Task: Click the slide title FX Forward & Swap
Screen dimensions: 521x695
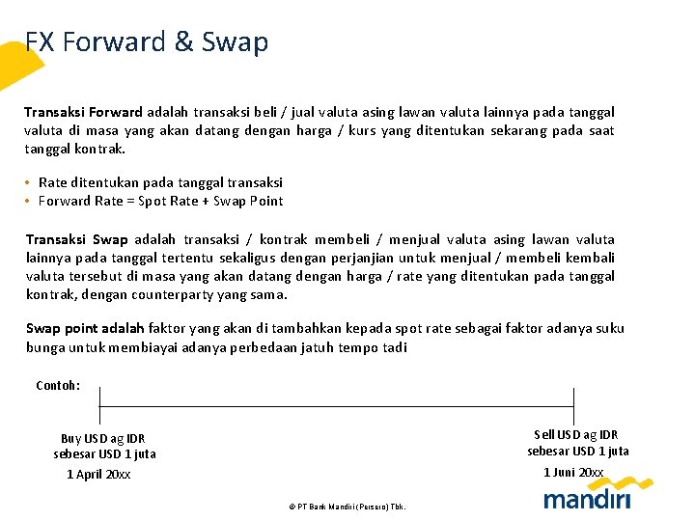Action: click(147, 42)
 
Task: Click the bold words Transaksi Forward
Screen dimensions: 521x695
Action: click(83, 113)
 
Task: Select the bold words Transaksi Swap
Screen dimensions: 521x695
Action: click(77, 239)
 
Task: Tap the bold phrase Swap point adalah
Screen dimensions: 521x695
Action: click(85, 328)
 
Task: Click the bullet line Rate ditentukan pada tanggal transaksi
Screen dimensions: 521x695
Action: click(160, 182)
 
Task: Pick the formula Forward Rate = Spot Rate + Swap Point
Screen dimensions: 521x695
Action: click(160, 201)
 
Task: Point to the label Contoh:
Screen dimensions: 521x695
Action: click(58, 386)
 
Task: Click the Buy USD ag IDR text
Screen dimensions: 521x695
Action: click(103, 438)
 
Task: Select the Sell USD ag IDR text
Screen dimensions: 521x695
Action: click(576, 435)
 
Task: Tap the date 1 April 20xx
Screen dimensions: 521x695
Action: click(98, 474)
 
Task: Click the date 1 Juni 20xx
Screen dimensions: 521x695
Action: click(573, 472)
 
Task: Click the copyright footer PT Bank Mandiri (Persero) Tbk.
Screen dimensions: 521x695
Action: click(347, 506)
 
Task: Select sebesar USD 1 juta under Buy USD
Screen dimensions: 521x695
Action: click(104, 453)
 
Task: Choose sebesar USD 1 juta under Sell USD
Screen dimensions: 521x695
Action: click(577, 451)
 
